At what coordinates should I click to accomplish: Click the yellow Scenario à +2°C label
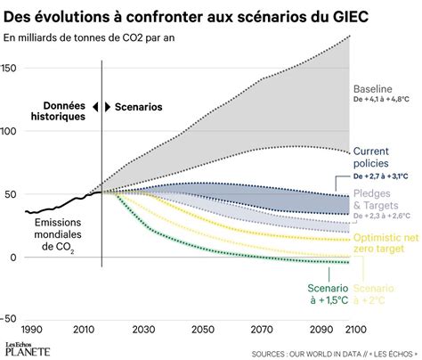click(x=377, y=293)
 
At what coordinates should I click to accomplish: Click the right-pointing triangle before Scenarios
click(x=107, y=106)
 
